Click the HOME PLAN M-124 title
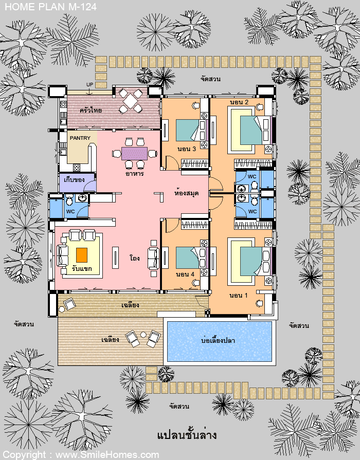coord(51,7)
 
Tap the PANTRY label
coord(80,138)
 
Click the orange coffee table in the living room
coord(82,255)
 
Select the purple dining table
coord(134,154)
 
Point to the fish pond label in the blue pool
coord(218,340)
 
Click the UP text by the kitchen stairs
coord(89,84)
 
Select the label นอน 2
coord(239,102)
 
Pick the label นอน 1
coord(239,296)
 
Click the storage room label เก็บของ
coord(74,179)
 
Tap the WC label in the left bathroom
coord(70,211)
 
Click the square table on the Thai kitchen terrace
coord(131,101)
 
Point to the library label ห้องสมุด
coord(187,193)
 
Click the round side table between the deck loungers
coord(143,335)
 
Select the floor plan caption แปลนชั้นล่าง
coord(187,434)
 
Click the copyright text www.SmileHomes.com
coord(107,455)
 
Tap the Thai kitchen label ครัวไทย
coord(91,111)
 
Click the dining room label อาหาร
coord(135,173)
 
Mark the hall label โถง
coord(135,258)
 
